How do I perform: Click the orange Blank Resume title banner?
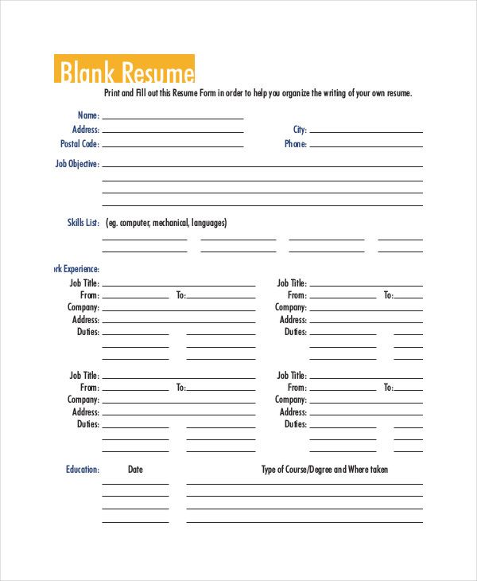pos(124,69)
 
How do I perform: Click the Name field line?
pos(173,118)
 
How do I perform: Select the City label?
pos(300,130)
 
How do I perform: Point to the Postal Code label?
pos(79,144)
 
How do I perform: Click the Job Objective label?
pos(77,164)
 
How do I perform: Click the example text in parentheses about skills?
pos(166,223)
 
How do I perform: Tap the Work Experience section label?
pos(75,269)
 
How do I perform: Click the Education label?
pos(83,470)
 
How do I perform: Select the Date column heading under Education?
pos(135,470)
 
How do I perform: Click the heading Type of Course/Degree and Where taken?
pos(324,470)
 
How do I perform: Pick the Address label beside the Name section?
pos(86,130)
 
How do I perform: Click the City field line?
pos(366,132)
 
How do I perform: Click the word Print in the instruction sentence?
pos(113,93)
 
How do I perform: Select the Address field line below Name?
pos(173,132)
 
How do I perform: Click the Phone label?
pos(296,144)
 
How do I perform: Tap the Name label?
pos(89,115)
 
